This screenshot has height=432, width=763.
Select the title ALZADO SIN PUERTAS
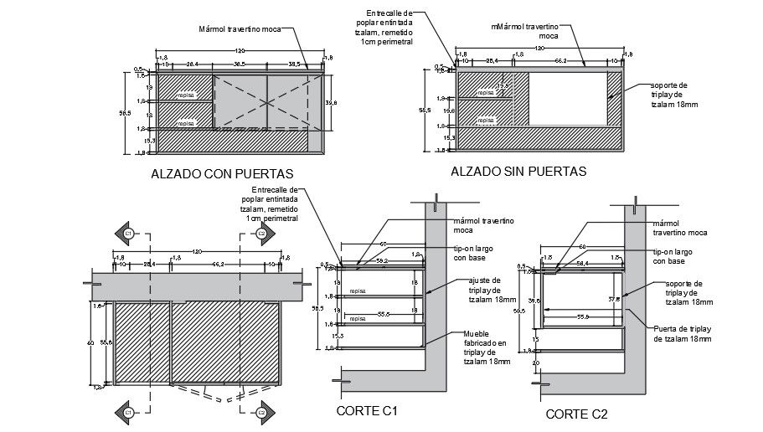(518, 172)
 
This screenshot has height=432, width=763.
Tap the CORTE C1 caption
(366, 411)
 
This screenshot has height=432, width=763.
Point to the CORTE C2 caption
(576, 414)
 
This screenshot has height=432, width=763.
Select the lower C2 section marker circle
(261, 413)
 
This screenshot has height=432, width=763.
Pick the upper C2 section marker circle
(261, 232)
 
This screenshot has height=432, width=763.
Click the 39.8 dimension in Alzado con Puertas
(330, 102)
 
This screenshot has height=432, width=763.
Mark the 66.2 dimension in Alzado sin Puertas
(560, 61)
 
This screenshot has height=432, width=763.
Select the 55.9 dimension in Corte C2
(581, 317)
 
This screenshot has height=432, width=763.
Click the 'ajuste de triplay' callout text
(485, 290)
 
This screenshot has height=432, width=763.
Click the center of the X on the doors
(267, 101)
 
